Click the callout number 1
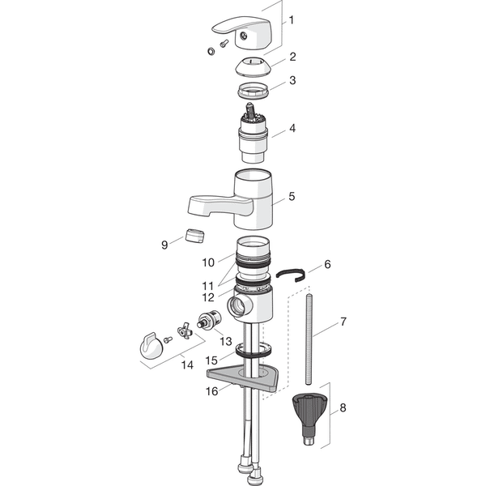(291, 20)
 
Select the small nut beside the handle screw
(211, 51)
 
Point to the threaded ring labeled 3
(254, 90)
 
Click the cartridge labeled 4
(254, 133)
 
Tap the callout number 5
(292, 196)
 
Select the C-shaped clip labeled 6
(292, 274)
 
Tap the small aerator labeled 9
(195, 237)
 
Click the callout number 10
(208, 262)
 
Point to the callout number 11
(207, 285)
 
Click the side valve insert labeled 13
(210, 321)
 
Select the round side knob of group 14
(151, 347)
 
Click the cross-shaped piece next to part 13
(185, 330)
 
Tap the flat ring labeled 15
(255, 350)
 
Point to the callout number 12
(208, 297)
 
